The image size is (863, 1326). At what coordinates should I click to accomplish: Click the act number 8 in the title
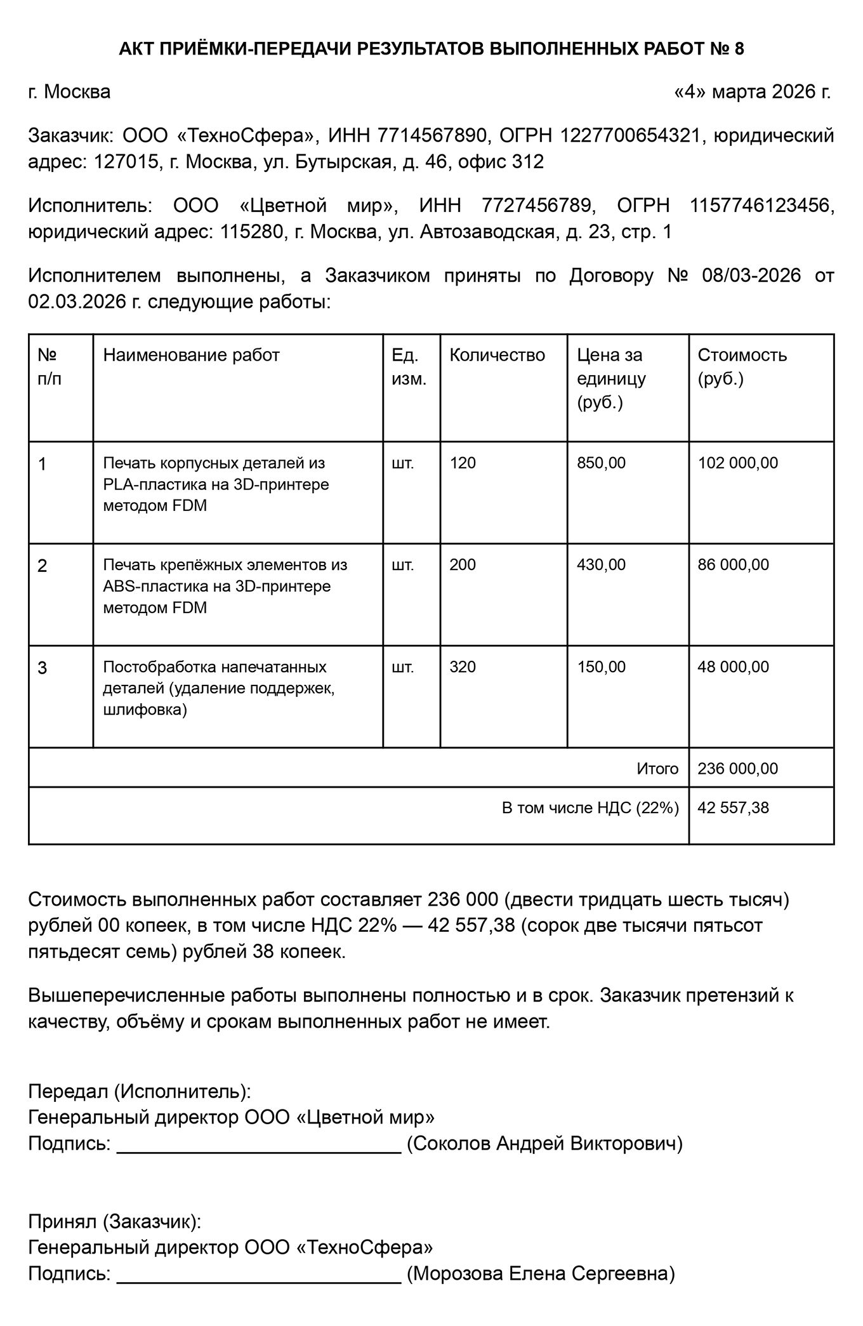pyautogui.click(x=739, y=49)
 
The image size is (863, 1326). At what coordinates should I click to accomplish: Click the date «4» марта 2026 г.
pyautogui.click(x=752, y=92)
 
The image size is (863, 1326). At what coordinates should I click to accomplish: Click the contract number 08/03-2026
pyautogui.click(x=751, y=275)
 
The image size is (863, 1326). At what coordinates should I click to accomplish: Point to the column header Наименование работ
pyautogui.click(x=191, y=355)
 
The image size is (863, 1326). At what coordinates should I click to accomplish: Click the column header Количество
pyautogui.click(x=497, y=355)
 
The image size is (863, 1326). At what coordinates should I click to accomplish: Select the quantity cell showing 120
pyautogui.click(x=463, y=463)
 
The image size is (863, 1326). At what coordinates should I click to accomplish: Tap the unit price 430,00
pyautogui.click(x=601, y=564)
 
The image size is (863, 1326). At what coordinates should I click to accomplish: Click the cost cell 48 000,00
pyautogui.click(x=733, y=666)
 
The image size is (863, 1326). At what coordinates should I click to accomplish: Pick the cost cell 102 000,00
pyautogui.click(x=737, y=463)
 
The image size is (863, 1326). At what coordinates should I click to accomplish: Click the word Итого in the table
pyautogui.click(x=657, y=769)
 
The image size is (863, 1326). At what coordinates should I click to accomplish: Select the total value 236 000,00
pyautogui.click(x=737, y=769)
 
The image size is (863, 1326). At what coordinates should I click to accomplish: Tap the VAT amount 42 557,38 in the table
pyautogui.click(x=733, y=807)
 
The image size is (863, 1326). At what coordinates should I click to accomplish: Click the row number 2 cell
pyautogui.click(x=43, y=566)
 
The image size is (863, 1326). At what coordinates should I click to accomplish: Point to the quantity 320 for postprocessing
pyautogui.click(x=463, y=666)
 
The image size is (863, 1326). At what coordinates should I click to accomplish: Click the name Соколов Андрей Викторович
pyautogui.click(x=544, y=1144)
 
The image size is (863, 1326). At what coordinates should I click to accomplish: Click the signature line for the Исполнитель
pyautogui.click(x=259, y=1146)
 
